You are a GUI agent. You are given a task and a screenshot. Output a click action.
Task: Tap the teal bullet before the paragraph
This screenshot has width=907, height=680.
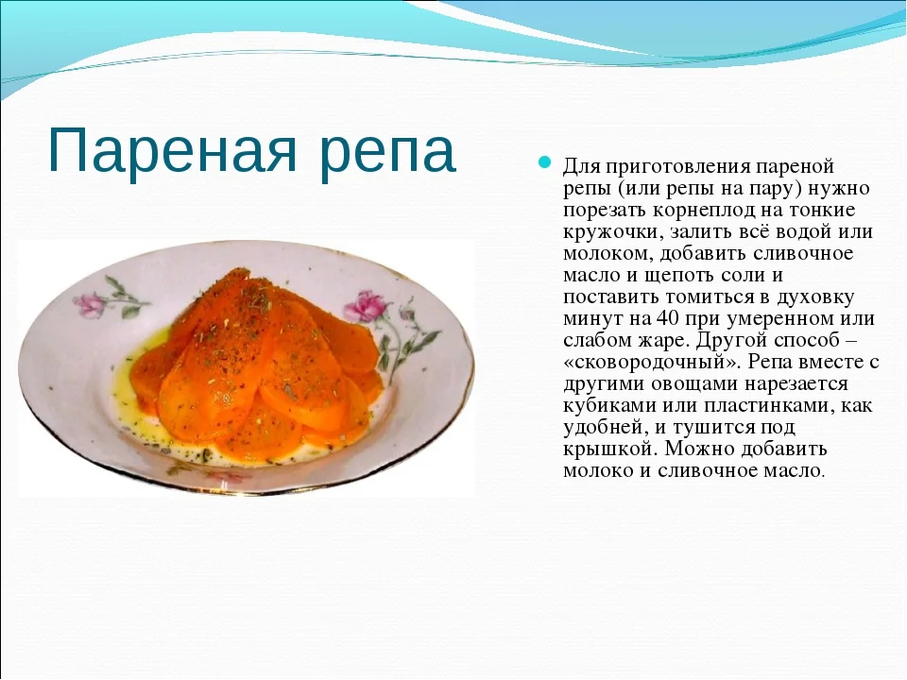[544, 163]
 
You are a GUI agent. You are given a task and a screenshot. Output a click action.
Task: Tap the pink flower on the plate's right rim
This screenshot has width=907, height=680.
[368, 305]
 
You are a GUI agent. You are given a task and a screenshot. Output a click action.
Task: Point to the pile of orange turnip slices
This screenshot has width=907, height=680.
[255, 364]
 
